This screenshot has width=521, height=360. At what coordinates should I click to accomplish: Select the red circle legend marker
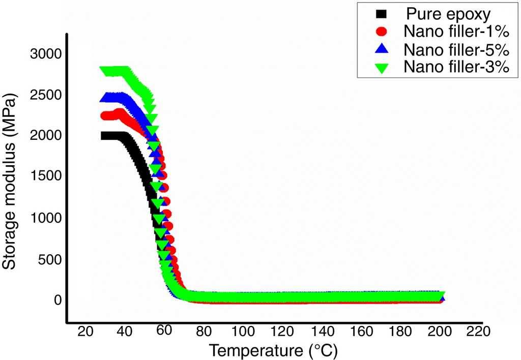pyautogui.click(x=382, y=32)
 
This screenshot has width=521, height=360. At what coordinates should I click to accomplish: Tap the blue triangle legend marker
pyautogui.click(x=382, y=49)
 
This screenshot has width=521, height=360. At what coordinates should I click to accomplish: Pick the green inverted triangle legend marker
pyautogui.click(x=382, y=67)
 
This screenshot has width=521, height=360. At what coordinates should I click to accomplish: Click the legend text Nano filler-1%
pyautogui.click(x=456, y=32)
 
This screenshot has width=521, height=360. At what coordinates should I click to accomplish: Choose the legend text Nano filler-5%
pyautogui.click(x=456, y=49)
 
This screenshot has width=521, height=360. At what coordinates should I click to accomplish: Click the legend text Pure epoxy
pyautogui.click(x=448, y=14)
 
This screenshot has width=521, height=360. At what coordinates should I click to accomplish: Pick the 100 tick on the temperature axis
pyautogui.click(x=242, y=332)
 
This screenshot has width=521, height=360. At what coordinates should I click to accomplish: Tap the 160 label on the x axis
pyautogui.click(x=361, y=332)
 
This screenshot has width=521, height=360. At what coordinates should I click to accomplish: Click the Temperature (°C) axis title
pyautogui.click(x=273, y=350)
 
